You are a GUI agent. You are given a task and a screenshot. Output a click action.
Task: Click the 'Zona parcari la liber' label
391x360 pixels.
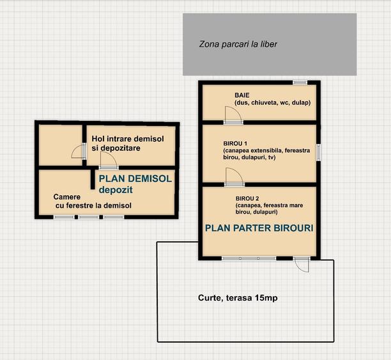pos(238,44)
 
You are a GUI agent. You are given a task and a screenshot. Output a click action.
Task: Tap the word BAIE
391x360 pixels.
pos(242,95)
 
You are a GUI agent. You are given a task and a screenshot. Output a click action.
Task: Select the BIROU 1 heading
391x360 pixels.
pos(235,143)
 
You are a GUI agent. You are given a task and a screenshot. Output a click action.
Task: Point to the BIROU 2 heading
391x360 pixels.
pos(247,198)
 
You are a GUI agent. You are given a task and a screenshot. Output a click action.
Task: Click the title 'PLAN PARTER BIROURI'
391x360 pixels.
pos(259,228)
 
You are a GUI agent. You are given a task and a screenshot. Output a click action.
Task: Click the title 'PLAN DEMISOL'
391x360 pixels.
pos(135,179)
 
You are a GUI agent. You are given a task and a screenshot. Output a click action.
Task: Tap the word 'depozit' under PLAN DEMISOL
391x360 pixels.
pos(116,190)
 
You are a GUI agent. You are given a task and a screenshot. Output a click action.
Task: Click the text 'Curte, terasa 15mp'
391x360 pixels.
pos(238,298)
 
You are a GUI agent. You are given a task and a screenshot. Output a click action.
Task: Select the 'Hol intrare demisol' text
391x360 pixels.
pos(128,139)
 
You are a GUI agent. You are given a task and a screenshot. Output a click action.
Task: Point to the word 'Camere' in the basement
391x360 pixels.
pos(67,197)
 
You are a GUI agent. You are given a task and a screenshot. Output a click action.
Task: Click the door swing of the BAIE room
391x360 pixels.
pos(233,115)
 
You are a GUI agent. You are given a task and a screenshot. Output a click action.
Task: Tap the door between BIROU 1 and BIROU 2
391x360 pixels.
pos(234,177)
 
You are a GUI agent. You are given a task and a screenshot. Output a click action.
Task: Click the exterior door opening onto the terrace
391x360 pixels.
pos(301,264)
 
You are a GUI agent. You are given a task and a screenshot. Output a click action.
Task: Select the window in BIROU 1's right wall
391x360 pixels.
pos(318,152)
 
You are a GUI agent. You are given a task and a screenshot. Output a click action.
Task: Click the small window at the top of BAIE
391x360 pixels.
pos(300,82)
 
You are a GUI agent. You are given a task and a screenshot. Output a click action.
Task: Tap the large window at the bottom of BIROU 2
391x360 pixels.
pos(249,258)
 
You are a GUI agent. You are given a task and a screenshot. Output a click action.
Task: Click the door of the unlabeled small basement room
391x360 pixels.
pos(79,151)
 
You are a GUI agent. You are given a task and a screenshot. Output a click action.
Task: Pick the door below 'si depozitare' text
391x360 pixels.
pos(109,160)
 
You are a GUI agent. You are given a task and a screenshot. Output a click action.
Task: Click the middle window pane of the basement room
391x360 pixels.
pos(89,217)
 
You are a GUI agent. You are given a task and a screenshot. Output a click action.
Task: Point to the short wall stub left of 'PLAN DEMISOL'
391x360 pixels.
pos(93,178)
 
